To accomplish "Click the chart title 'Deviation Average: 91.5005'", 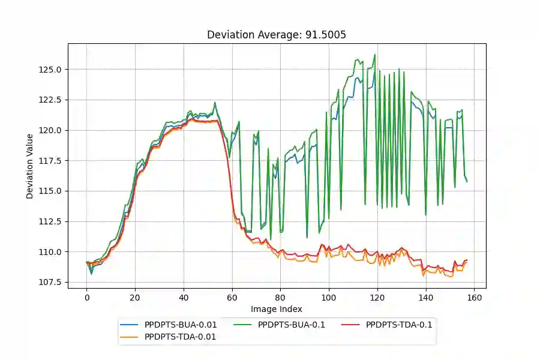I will coord(276,35).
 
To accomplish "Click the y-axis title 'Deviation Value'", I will coord(30,166).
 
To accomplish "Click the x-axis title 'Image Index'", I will coord(276,310).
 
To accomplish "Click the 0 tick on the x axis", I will coord(86,297).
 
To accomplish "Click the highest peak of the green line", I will coord(375,55).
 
